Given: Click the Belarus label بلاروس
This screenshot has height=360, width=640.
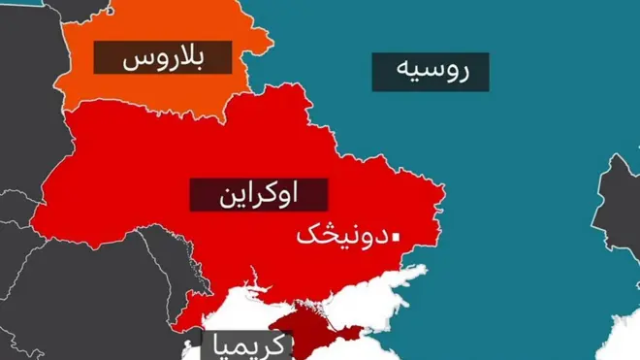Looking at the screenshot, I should [x=163, y=58].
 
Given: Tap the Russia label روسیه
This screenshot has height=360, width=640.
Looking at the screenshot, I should [x=431, y=72].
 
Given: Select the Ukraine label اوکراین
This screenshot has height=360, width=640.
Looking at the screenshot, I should [x=259, y=195].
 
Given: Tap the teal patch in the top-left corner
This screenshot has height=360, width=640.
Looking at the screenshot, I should [x=19, y=4].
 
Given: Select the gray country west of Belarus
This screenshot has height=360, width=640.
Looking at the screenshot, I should [x=29, y=78].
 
